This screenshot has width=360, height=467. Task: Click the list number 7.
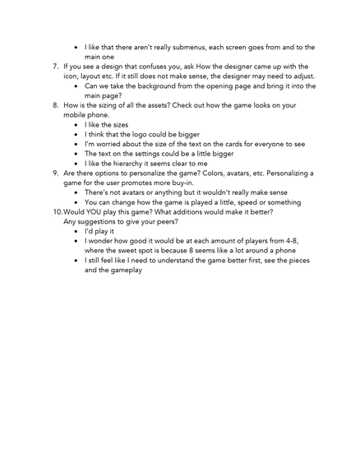54,67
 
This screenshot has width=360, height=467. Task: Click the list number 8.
54,105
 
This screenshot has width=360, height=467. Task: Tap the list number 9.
54,173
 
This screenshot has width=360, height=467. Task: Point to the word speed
259,201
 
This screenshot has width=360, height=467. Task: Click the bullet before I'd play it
76,231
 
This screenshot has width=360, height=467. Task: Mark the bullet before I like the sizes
76,125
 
